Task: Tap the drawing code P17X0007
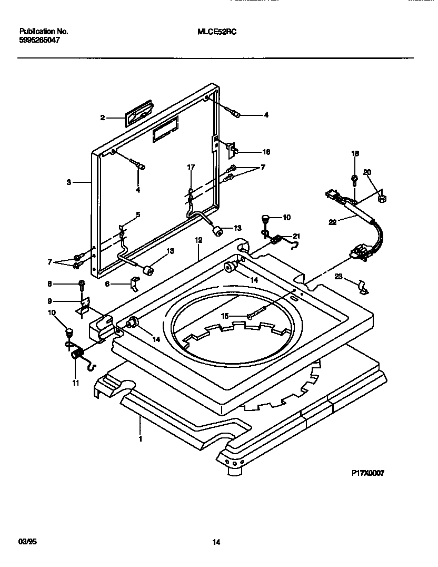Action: pyautogui.click(x=368, y=473)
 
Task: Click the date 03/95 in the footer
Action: pyautogui.click(x=26, y=542)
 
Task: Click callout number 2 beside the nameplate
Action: pyautogui.click(x=103, y=118)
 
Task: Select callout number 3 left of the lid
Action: pyautogui.click(x=68, y=182)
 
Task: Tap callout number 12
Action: pyautogui.click(x=198, y=240)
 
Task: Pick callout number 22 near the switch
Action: pyautogui.click(x=333, y=222)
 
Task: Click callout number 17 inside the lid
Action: pyautogui.click(x=191, y=167)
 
